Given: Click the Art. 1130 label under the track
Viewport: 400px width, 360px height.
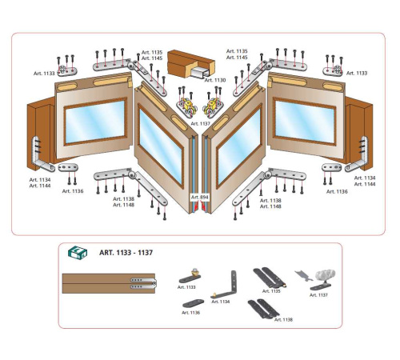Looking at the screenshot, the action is coord(215,80).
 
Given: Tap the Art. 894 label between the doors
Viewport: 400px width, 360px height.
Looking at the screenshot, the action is coord(200,198).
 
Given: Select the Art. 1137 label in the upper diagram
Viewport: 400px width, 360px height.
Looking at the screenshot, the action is coord(201,123).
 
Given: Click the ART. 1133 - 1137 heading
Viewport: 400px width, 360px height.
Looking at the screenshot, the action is coord(126,253).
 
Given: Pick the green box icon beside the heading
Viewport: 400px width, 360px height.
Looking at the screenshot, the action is coord(78,252).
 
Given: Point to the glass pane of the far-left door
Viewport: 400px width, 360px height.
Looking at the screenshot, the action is coord(95,122).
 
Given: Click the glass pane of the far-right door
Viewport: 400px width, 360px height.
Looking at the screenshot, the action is coord(305,122).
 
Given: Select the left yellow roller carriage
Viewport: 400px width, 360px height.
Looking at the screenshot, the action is coord(188,106).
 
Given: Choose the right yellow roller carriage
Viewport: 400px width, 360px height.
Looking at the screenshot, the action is coord(213,106).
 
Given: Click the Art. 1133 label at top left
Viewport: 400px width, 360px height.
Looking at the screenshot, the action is coord(44,74).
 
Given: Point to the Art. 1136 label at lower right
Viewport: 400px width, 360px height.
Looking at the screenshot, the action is coord(337,191).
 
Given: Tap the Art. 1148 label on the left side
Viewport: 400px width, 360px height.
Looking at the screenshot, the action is coord(123,205).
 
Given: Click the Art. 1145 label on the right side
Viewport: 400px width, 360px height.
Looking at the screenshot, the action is coord(237,58).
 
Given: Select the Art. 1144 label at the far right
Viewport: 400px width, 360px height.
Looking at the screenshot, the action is coord(365,184).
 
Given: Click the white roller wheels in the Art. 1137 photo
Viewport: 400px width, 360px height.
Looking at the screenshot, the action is coord(326,275).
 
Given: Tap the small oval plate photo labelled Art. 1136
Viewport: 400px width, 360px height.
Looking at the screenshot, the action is coord(194,304).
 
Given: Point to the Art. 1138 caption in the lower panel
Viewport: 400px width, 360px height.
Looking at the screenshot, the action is coord(283,319).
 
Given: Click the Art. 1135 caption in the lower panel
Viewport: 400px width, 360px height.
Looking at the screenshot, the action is coord(271,291).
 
